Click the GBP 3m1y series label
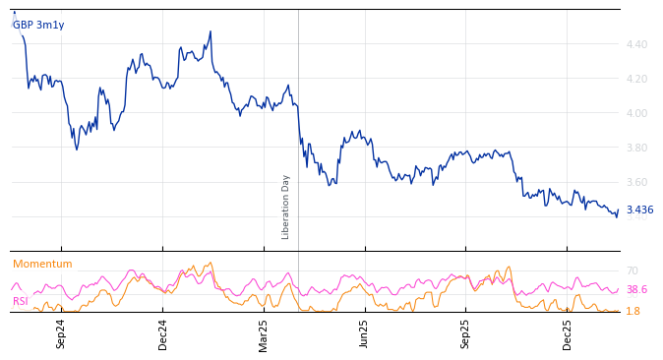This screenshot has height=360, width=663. [38, 25]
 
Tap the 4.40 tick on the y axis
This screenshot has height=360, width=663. [636, 44]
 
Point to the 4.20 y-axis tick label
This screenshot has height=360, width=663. [636, 79]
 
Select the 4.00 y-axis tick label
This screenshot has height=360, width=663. [636, 113]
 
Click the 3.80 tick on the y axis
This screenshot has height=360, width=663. [636, 148]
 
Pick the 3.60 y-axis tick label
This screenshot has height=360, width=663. [636, 182]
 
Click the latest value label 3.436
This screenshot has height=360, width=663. [639, 210]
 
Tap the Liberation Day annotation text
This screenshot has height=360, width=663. [286, 207]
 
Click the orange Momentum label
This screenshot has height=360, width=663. [42, 264]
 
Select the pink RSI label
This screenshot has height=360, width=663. [21, 301]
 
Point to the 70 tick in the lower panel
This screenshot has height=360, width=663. [633, 270]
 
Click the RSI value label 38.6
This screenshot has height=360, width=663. [636, 289]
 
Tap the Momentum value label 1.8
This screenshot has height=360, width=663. [633, 311]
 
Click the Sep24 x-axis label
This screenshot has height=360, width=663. [61, 333]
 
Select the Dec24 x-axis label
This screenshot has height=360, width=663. [163, 333]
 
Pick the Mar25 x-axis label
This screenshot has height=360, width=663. [264, 333]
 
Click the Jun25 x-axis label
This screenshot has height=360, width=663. [365, 333]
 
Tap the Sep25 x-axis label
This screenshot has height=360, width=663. [466, 333]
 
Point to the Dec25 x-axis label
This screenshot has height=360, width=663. [568, 333]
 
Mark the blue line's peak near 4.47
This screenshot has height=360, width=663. [211, 31]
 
